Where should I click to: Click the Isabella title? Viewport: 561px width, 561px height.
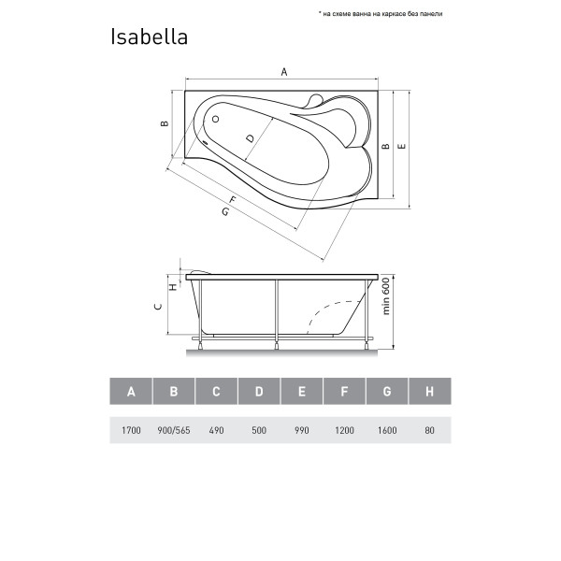pos(150,36)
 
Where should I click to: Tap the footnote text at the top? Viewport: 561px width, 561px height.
pos(381,14)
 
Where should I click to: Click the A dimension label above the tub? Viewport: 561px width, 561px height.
pos(284,72)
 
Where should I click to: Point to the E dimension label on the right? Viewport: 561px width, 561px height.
pos(402,146)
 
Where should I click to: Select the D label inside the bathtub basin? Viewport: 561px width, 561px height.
pos(251,138)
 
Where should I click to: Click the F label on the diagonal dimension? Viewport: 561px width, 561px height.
pos(233,200)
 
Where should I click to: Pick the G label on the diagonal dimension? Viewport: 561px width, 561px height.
pos(225,212)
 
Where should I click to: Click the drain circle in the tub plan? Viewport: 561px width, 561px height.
pos(215,119)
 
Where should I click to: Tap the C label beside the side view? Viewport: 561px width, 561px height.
pos(158,307)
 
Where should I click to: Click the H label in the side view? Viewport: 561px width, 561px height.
pos(173,287)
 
